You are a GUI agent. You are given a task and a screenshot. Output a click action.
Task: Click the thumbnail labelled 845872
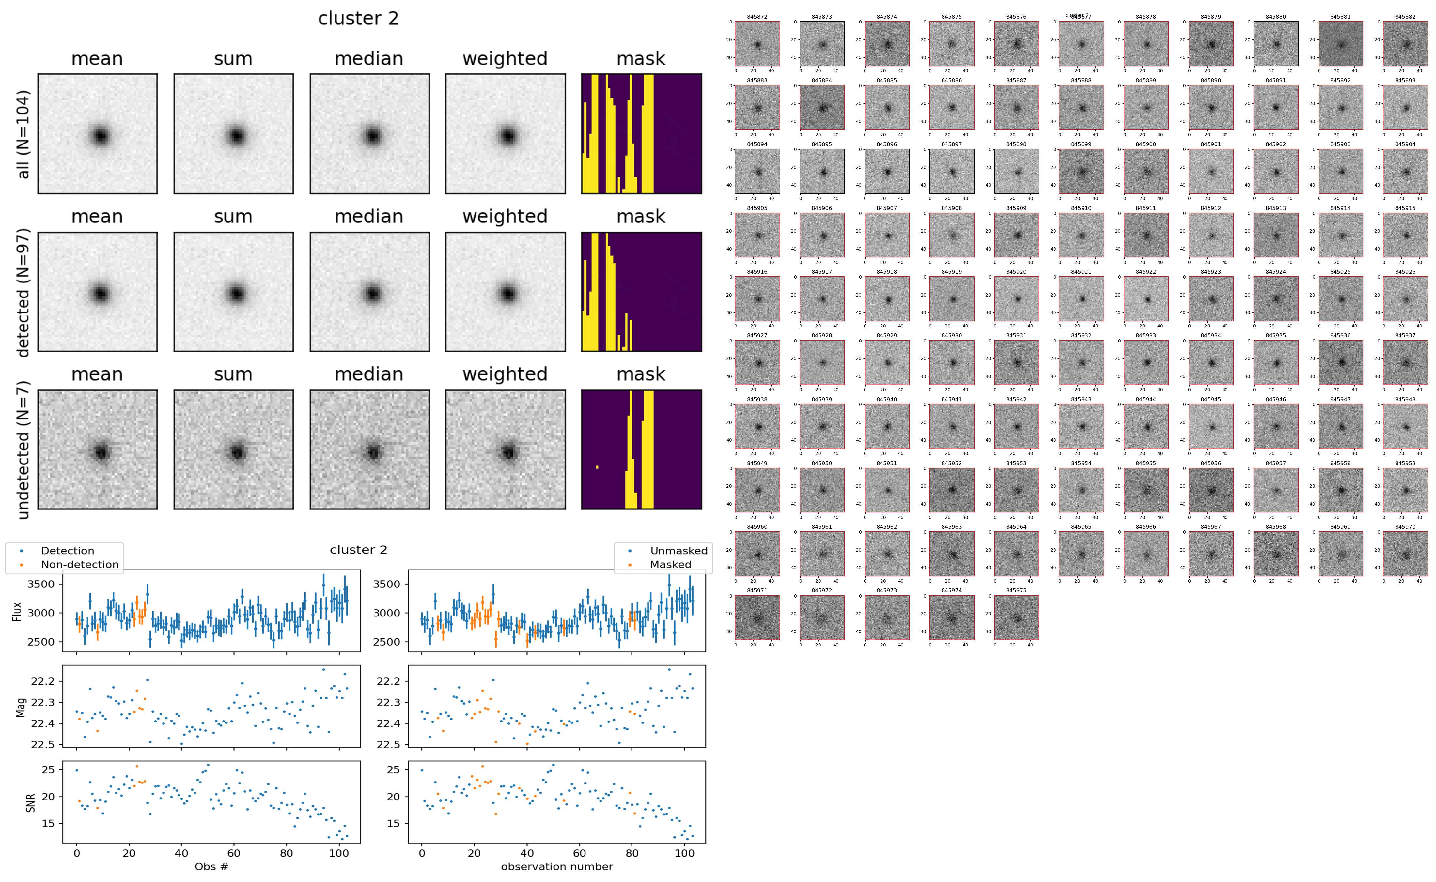pos(757,44)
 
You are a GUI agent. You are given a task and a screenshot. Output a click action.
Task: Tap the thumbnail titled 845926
pos(1405,299)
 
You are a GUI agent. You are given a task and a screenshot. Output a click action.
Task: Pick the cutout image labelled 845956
pos(1211,490)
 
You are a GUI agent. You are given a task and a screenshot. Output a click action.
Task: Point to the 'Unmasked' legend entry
pos(678,551)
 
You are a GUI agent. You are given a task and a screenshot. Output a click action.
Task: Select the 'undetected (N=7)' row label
pos(23,450)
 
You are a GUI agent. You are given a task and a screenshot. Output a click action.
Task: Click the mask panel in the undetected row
pos(641,450)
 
